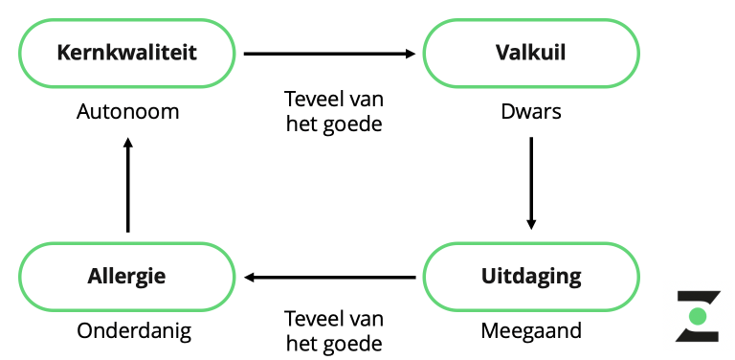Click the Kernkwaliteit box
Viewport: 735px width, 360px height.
pos(126,53)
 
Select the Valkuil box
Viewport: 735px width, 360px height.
pos(530,53)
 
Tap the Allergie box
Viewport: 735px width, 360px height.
pos(126,277)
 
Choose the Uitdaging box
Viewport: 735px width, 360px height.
pos(530,277)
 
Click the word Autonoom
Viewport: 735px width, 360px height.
pos(127,112)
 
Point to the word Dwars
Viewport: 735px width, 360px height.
pos(530,112)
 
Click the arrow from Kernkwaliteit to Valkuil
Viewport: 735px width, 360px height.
pos(329,54)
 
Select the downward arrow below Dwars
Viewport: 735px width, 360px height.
pos(531,182)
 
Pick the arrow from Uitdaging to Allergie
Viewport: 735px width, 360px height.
pos(329,278)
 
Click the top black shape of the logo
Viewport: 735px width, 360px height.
pos(698,297)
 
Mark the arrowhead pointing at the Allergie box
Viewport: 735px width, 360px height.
pos(249,278)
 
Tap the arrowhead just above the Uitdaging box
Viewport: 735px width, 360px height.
pos(531,224)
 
